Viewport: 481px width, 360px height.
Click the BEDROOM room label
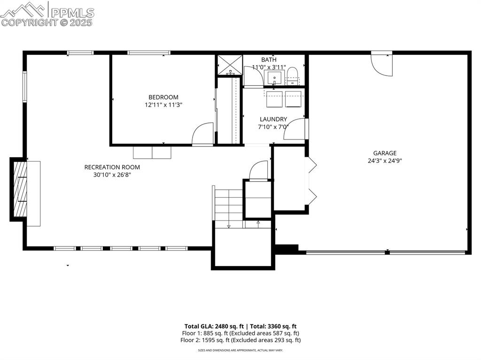(163, 97)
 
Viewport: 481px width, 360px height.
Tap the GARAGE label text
(385, 153)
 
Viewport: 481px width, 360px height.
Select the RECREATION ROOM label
(112, 167)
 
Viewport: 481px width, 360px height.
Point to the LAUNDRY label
(273, 119)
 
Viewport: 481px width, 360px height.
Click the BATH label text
(269, 60)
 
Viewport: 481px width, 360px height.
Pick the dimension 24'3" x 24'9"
(385, 161)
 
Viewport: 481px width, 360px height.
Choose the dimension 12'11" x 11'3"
(163, 105)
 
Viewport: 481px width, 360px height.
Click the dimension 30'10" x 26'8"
(112, 175)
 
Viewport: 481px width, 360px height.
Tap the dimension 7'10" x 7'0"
(273, 127)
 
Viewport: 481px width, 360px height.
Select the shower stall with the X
(229, 65)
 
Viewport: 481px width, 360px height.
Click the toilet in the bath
(292, 76)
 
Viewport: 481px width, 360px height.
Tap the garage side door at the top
(381, 64)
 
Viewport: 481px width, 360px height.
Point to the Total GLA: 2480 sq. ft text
(214, 326)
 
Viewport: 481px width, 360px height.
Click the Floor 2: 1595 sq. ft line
(240, 340)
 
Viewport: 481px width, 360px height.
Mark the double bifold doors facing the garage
(310, 181)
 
